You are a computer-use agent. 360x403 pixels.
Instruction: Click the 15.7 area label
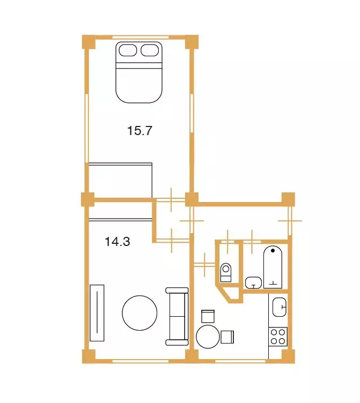click(x=139, y=131)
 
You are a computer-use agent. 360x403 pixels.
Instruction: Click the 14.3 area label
click(x=117, y=242)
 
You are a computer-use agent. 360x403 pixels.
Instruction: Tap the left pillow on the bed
click(x=128, y=50)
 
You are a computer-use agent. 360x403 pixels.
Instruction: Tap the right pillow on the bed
click(x=150, y=50)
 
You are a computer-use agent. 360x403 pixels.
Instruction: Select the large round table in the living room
click(x=139, y=313)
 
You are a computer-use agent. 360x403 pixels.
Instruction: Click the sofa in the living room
click(x=177, y=316)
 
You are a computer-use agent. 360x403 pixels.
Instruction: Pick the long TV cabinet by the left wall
click(x=97, y=313)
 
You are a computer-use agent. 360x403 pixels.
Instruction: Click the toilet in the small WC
click(x=226, y=273)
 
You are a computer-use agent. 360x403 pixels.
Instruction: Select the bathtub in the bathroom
click(x=273, y=267)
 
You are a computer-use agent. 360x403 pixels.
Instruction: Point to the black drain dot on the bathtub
click(x=273, y=250)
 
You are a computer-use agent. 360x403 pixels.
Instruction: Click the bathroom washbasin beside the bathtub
click(x=253, y=283)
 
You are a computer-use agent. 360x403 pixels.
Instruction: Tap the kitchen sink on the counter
click(x=280, y=307)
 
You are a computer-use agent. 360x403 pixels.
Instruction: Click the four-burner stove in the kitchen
click(x=278, y=337)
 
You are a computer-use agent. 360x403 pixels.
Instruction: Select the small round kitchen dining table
click(x=208, y=337)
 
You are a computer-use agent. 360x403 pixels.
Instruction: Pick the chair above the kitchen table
click(x=208, y=316)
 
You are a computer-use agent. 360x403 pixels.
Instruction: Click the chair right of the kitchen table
click(x=227, y=337)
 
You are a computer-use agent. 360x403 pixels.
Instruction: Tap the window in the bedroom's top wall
click(x=141, y=37)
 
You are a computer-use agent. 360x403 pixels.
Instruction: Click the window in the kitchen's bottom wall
click(x=240, y=361)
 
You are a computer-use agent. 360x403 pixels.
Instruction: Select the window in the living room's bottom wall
click(x=141, y=361)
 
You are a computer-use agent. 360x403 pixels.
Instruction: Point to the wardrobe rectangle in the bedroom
click(x=120, y=180)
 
